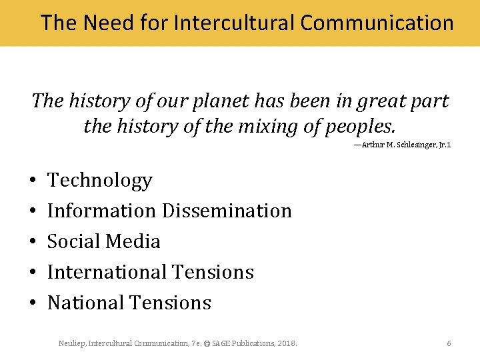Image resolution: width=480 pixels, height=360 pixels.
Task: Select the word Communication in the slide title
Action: [377, 23]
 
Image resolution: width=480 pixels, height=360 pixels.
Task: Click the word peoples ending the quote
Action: [360, 126]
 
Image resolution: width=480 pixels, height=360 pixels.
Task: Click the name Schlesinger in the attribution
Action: [412, 145]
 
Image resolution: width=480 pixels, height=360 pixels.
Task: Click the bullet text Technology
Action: [100, 181]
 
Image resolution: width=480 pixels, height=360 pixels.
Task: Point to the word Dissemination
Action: [227, 211]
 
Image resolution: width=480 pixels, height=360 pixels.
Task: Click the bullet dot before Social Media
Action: [32, 242]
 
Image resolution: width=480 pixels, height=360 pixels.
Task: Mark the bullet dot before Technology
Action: [32, 181]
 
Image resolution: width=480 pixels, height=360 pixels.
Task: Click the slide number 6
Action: [449, 343]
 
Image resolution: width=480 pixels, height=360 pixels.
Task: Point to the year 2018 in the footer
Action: [287, 343]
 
